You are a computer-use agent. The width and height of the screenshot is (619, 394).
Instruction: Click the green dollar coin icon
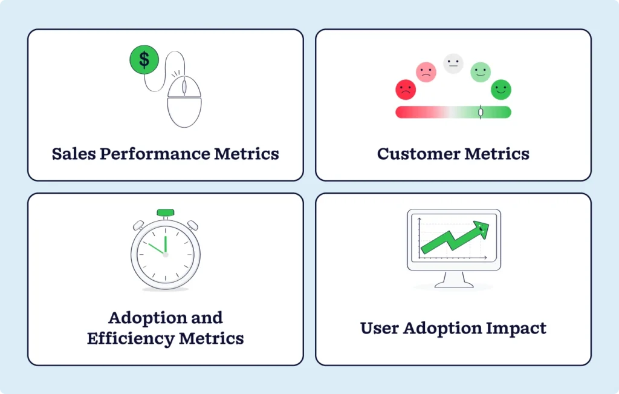(x=144, y=59)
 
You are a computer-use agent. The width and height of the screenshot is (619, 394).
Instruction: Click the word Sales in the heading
(x=73, y=154)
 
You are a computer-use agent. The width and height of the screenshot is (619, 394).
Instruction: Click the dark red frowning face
(x=406, y=90)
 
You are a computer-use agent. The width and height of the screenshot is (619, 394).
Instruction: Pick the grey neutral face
(x=453, y=64)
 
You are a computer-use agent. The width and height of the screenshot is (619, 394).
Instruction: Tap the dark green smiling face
(x=501, y=90)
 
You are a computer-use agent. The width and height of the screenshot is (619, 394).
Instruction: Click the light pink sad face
(x=426, y=73)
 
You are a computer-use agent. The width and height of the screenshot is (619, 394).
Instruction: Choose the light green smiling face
(x=481, y=73)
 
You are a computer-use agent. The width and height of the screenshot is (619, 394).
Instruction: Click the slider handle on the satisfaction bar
(x=481, y=112)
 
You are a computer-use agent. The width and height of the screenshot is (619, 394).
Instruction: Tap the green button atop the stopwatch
(x=165, y=213)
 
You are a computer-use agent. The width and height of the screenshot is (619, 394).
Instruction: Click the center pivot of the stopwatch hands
(x=165, y=254)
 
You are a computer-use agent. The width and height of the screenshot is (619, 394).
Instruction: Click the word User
(x=381, y=329)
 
